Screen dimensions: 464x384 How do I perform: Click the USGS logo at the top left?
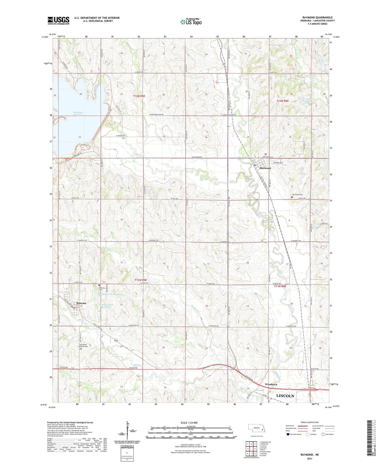(x=58, y=20)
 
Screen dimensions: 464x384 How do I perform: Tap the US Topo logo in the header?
(x=191, y=22)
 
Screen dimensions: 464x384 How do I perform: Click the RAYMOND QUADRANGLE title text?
(x=317, y=18)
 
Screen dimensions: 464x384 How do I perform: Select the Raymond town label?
(x=265, y=168)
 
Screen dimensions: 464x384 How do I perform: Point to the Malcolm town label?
(x=81, y=303)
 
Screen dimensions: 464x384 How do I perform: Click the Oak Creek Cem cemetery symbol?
(x=292, y=197)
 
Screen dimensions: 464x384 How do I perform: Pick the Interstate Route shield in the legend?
(x=288, y=434)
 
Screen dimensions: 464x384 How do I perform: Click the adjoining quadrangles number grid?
(x=251, y=449)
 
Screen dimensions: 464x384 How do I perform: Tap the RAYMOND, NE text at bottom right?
(x=309, y=455)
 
